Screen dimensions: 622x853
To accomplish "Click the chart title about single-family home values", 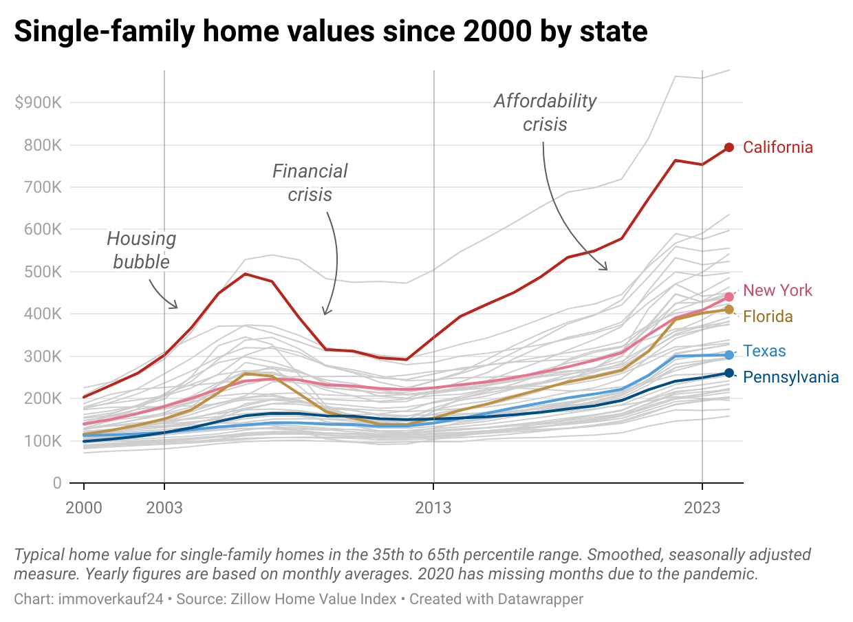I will (330, 32).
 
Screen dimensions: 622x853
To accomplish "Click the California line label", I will (777, 147).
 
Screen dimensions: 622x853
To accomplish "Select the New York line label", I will (777, 290).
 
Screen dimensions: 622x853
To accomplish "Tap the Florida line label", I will (768, 317).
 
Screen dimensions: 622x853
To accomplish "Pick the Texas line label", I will (764, 352).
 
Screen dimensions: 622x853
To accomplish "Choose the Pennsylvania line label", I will (791, 377).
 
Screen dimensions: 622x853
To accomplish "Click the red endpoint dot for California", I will (729, 147).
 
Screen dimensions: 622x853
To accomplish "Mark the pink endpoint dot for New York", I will (729, 297).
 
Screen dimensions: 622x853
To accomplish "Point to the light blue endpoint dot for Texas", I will (729, 355).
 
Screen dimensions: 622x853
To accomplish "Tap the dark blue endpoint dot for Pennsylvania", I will (729, 373).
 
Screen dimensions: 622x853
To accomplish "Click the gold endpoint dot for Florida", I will (729, 310).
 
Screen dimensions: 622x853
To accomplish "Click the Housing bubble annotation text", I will (141, 250).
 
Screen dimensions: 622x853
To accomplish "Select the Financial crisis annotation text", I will (310, 182).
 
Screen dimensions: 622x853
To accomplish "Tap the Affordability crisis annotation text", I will (545, 112).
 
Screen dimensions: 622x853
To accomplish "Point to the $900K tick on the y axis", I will (39, 103).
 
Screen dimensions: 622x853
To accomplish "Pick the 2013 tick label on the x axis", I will (433, 508).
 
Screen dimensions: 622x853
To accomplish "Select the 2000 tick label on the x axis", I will (84, 508).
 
